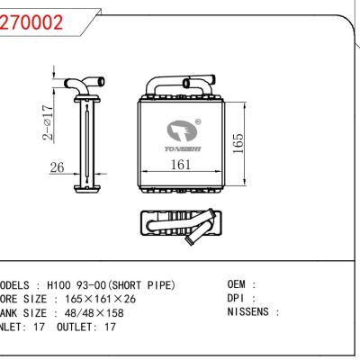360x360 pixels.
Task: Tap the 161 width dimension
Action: tap(182, 164)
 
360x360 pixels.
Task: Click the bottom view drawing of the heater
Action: tap(178, 225)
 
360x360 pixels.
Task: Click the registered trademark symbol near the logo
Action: tap(198, 121)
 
